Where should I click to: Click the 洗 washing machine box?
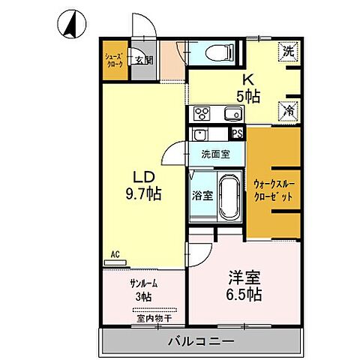[289, 52]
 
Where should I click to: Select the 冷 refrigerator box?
[289, 109]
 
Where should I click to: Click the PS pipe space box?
[237, 135]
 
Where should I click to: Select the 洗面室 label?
[215, 154]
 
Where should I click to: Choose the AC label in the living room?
[115, 254]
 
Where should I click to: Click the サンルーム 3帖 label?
[143, 288]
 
